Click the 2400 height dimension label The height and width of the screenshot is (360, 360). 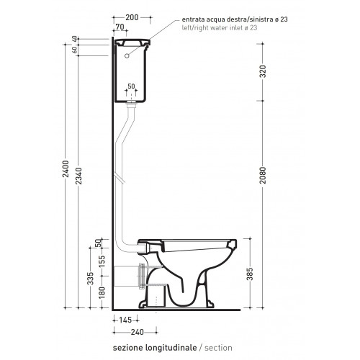tap(66, 169)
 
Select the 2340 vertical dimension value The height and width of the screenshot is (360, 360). tap(78, 176)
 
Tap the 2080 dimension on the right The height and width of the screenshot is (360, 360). tap(263, 175)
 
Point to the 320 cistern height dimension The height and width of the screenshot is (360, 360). tap(263, 71)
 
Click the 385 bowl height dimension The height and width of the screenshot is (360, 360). tap(250, 274)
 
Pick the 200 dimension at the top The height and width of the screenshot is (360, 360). tap(132, 17)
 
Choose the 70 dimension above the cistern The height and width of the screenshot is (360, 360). tap(120, 27)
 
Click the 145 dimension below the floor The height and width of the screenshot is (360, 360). tap(125, 320)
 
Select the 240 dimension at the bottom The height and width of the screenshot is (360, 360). tap(138, 332)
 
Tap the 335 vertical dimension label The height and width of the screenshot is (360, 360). tap(90, 279)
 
